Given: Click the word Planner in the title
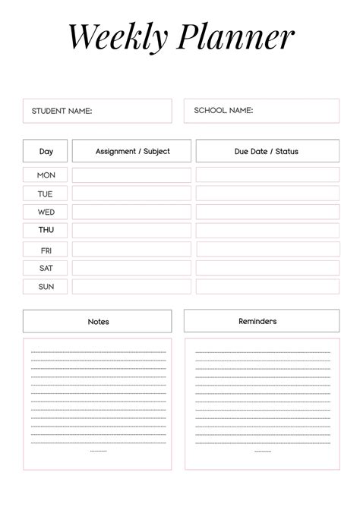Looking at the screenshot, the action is click(237, 37).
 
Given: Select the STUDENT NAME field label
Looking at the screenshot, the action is click(62, 111).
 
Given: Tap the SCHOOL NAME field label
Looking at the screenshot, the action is click(223, 111).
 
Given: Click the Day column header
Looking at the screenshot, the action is click(46, 151).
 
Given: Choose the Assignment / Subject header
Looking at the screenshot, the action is click(132, 151).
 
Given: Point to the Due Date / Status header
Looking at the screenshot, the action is click(267, 151).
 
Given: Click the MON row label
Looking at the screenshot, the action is click(46, 175).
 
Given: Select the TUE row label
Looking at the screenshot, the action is click(46, 194).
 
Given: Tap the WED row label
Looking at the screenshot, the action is click(46, 212).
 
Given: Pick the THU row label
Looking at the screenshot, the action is click(46, 230).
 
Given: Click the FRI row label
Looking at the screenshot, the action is click(46, 250).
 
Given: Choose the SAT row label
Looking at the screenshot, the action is click(46, 268).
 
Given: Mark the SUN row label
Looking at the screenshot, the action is click(46, 287).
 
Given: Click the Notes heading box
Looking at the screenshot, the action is click(98, 321).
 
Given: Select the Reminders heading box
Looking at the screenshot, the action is click(257, 321).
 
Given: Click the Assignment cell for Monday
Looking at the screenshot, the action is click(131, 175).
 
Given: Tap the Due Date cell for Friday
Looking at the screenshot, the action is click(267, 250).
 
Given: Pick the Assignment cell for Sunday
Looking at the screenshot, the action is click(131, 287).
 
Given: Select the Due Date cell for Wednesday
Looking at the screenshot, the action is click(267, 212).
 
